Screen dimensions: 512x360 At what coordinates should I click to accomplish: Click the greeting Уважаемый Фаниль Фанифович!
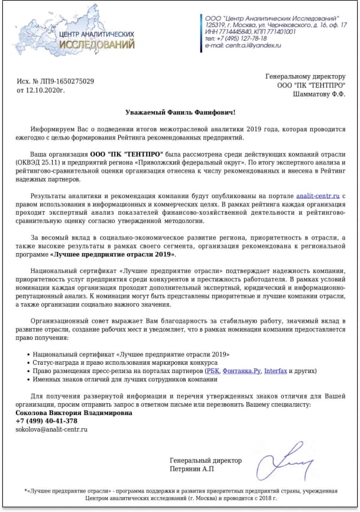click(180, 112)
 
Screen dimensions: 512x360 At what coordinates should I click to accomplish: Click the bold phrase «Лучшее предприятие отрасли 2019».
click(113, 254)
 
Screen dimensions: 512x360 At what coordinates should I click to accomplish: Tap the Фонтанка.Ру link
click(241, 371)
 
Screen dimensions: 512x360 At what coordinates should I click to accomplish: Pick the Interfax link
click(275, 371)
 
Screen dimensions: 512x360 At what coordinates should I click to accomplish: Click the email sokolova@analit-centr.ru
click(51, 429)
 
